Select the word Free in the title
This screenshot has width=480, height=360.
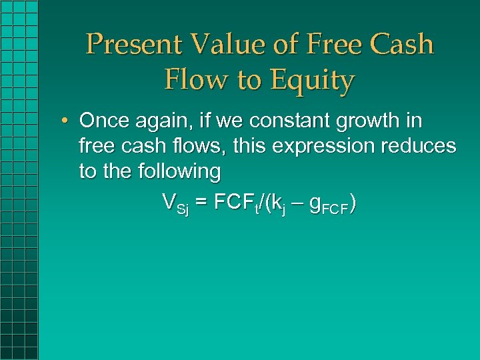325,45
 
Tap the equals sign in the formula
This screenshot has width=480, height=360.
201,202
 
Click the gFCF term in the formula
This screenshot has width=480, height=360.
331,204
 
